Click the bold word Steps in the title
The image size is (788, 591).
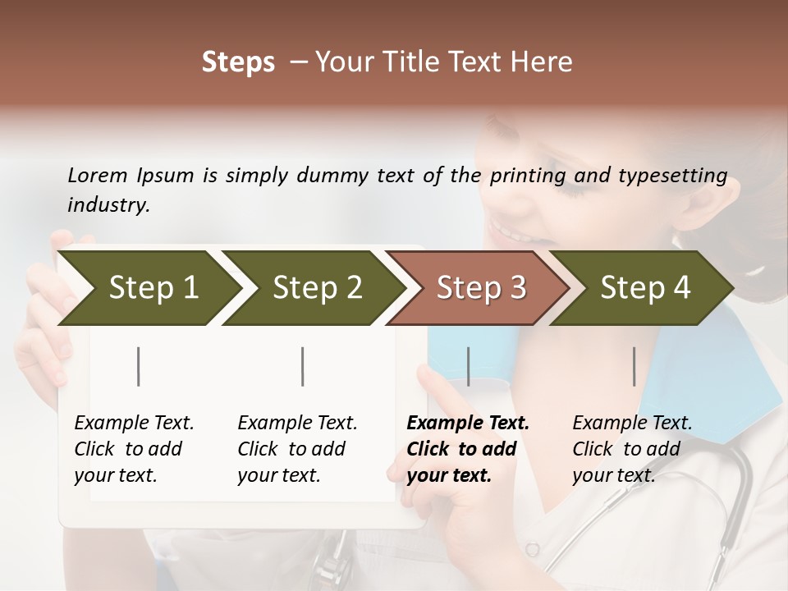pyautogui.click(x=238, y=62)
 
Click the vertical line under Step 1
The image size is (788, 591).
pyautogui.click(x=139, y=366)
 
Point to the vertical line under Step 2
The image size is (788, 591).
pyautogui.click(x=303, y=366)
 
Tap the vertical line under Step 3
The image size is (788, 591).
pyautogui.click(x=469, y=366)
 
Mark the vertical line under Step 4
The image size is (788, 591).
pyautogui.click(x=635, y=366)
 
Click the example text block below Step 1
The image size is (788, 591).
pyautogui.click(x=133, y=449)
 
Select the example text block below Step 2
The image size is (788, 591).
pyautogui.click(x=297, y=449)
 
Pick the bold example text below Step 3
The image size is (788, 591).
pyautogui.click(x=467, y=449)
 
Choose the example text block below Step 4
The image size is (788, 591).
pyautogui.click(x=631, y=449)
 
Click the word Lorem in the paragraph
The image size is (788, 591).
pyautogui.click(x=98, y=176)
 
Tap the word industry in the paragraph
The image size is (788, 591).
pyautogui.click(x=108, y=205)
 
